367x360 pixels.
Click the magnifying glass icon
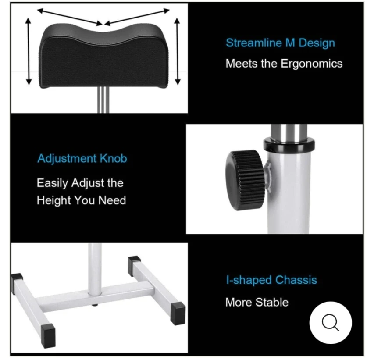tap(330, 323)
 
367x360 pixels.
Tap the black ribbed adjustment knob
tap(245, 180)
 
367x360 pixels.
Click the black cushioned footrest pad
tap(103, 56)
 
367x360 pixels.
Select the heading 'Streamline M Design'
tap(280, 43)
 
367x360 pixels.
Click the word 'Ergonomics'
tap(311, 64)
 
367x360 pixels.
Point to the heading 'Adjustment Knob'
tap(82, 158)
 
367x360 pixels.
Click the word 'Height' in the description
tap(53, 200)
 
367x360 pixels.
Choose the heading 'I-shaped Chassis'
tap(271, 280)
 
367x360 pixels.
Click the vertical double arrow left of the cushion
tap(29, 51)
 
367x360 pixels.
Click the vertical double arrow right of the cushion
tap(178, 51)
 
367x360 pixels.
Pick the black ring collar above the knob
tap(289, 144)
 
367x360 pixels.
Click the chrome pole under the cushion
tap(103, 100)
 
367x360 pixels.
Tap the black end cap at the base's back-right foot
tap(134, 264)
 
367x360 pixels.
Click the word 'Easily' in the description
tap(53, 183)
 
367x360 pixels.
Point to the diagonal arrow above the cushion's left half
tap(70, 17)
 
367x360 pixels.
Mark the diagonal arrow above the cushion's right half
tap(137, 17)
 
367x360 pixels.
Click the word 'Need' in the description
tap(112, 200)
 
